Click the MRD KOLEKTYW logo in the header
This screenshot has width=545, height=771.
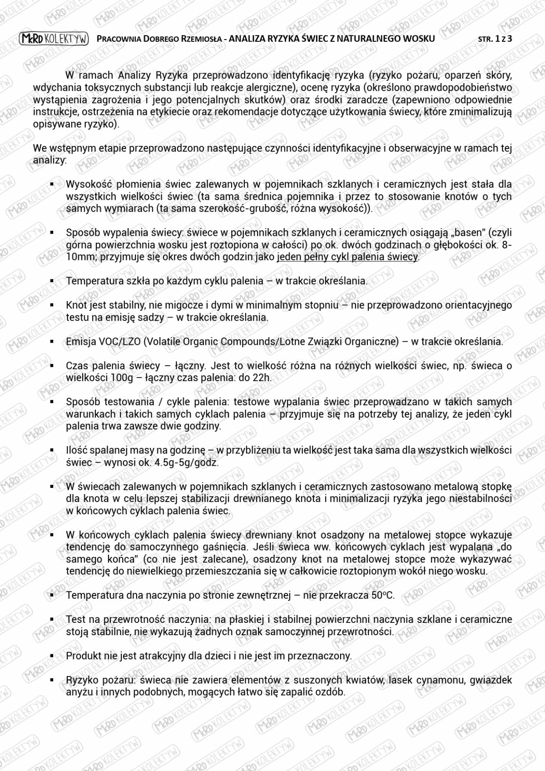point(54,39)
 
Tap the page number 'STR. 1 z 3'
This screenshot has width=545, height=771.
point(495,39)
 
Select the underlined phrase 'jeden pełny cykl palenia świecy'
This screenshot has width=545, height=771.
point(347,257)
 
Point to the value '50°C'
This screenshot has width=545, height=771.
point(383,595)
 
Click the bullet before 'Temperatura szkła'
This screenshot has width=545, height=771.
point(52,281)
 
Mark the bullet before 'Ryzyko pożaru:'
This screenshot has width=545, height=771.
point(52,681)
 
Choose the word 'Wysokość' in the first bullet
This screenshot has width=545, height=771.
point(89,184)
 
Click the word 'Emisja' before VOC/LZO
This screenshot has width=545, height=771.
point(81,342)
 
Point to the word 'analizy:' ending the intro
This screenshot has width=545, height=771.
point(50,160)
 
